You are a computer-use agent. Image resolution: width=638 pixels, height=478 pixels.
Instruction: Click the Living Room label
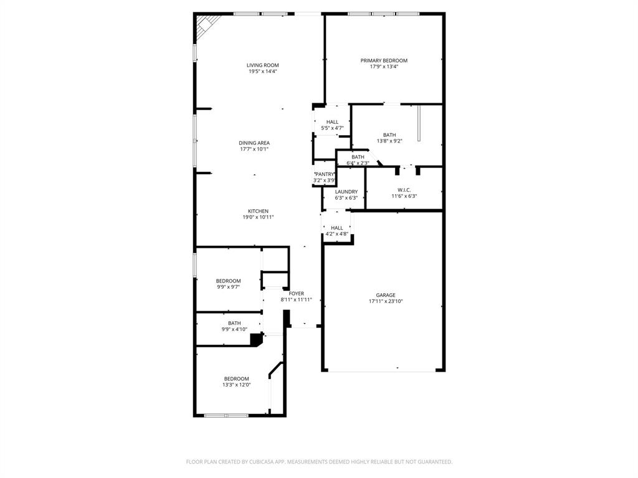tap(262, 65)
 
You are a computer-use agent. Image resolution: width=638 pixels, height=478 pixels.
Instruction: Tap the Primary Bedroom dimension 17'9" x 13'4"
tap(384, 67)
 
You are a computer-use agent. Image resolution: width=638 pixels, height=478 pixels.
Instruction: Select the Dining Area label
tap(254, 143)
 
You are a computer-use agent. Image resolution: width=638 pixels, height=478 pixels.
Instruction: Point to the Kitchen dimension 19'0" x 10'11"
tap(258, 217)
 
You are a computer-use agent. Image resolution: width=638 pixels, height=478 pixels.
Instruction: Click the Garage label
tap(385, 295)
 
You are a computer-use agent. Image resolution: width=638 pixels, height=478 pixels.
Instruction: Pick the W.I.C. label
tap(404, 190)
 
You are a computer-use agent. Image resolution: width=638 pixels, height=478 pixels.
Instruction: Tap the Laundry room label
tap(346, 192)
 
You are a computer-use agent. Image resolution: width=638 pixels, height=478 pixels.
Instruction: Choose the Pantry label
tap(325, 174)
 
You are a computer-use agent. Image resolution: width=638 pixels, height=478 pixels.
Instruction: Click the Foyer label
tap(297, 293)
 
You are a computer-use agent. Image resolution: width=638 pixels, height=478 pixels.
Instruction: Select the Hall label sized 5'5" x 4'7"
tap(332, 122)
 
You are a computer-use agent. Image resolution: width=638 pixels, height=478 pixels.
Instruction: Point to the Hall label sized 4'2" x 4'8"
tap(336, 228)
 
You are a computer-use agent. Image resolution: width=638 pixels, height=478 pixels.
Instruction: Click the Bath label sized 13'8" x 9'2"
tap(389, 135)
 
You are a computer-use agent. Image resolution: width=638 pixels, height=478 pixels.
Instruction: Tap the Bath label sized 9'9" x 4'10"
tap(234, 323)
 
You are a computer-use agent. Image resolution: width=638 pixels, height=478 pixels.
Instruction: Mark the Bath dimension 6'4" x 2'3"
tap(358, 163)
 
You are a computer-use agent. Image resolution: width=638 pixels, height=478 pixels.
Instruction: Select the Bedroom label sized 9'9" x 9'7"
tap(228, 281)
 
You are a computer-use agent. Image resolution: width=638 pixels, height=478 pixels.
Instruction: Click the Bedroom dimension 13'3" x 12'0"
tap(236, 385)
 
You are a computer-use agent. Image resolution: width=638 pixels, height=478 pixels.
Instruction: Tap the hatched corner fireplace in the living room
tap(204, 24)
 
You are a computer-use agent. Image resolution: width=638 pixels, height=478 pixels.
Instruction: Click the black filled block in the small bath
tap(255, 339)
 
